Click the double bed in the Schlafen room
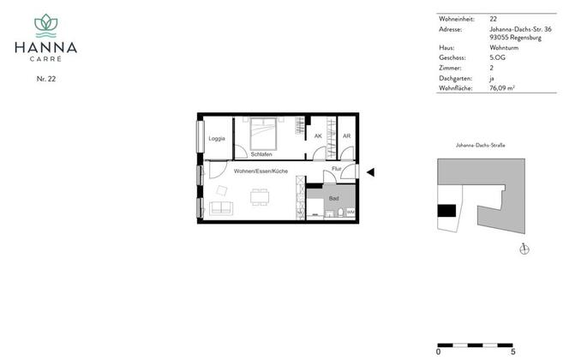[263, 134]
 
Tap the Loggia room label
[217, 138]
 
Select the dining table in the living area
[260, 197]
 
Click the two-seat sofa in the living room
[221, 208]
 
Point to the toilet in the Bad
[341, 213]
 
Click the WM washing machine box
[350, 212]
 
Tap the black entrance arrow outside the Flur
[370, 172]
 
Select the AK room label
[318, 136]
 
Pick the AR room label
[346, 136]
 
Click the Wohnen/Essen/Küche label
[261, 171]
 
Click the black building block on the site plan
[446, 211]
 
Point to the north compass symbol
[524, 249]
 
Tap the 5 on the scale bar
[512, 351]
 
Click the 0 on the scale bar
[439, 351]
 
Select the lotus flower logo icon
[45, 26]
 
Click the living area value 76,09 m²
[502, 88]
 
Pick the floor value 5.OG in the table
[497, 57]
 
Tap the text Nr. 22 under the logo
[46, 79]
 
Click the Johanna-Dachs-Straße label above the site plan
[481, 145]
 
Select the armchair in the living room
[222, 190]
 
